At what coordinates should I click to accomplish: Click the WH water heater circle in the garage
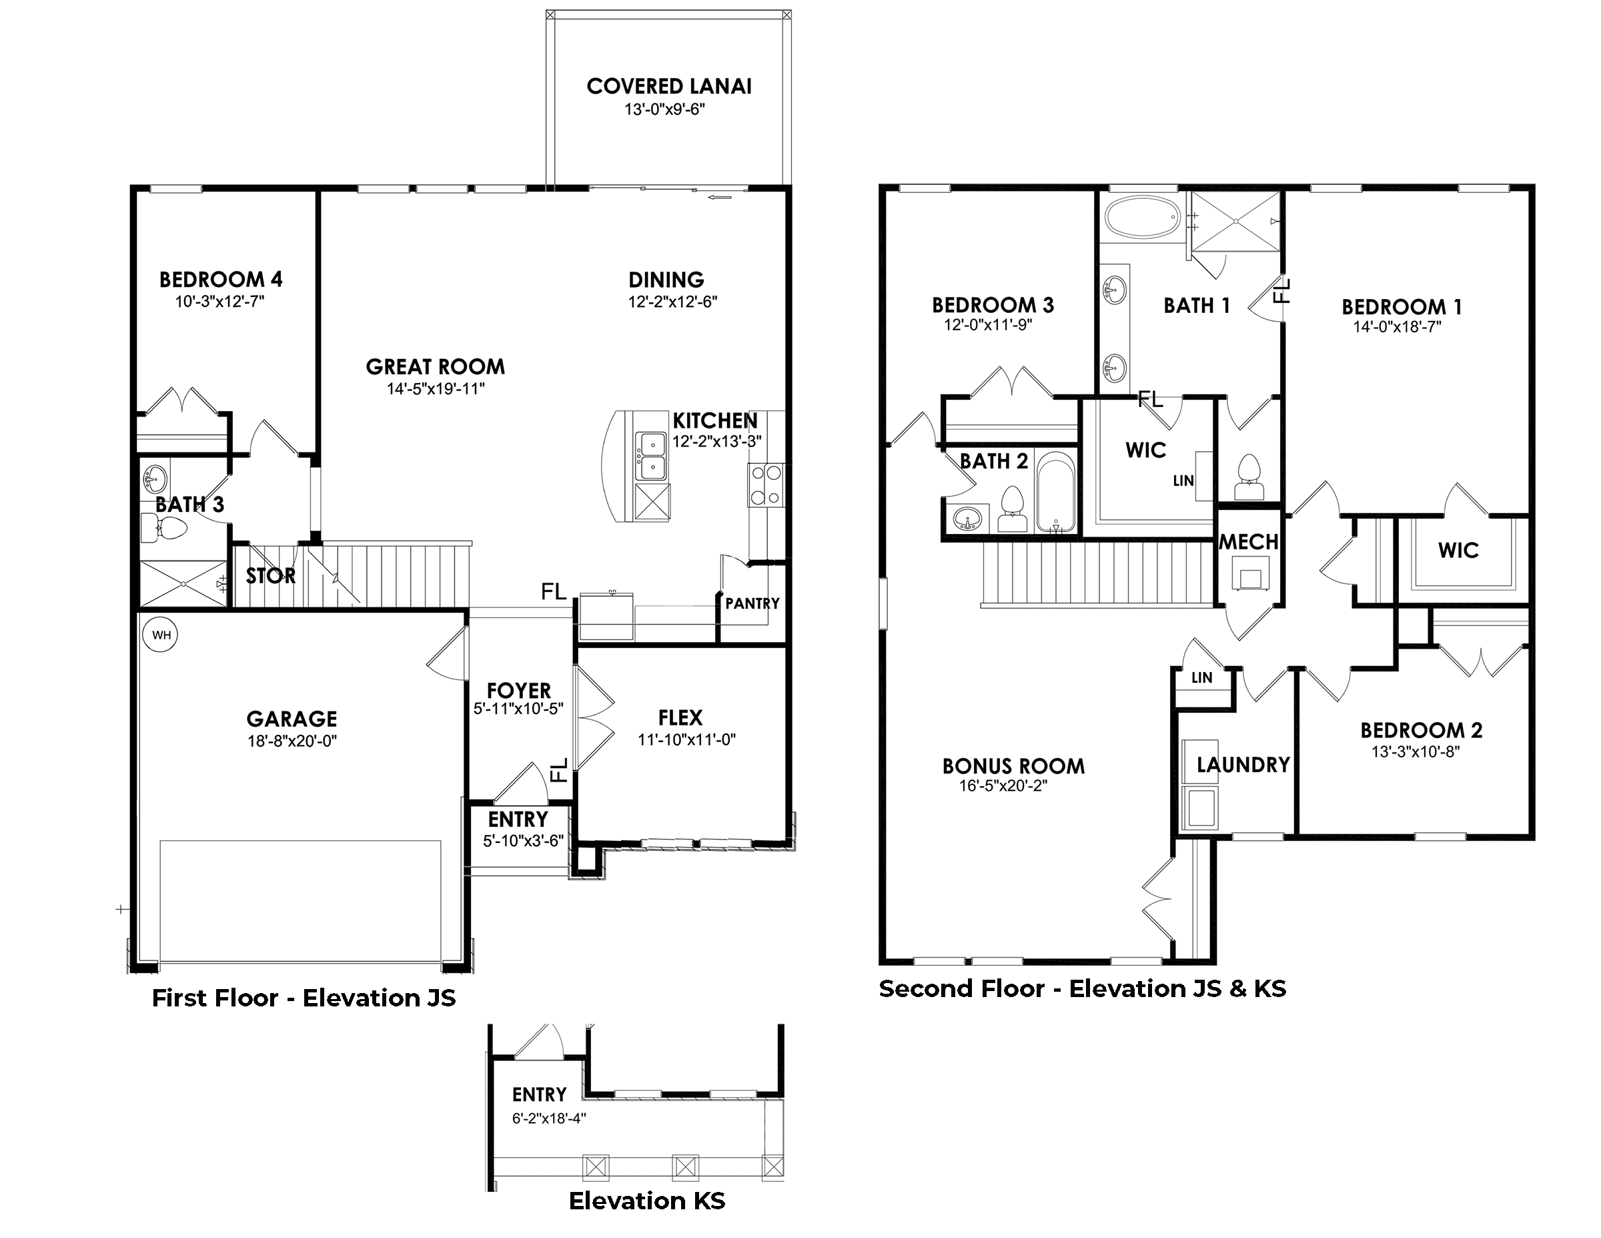[161, 635]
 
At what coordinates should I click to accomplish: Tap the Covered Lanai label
[668, 87]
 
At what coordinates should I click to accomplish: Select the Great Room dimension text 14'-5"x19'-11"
[436, 388]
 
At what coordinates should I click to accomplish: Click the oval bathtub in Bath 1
[1141, 216]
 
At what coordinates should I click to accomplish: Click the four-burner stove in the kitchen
[766, 485]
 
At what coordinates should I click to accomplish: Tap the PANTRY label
[752, 603]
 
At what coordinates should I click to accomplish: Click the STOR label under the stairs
[270, 577]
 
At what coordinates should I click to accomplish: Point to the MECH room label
[1248, 542]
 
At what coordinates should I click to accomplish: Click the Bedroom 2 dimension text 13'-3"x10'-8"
[1416, 751]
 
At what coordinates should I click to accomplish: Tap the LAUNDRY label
[1243, 765]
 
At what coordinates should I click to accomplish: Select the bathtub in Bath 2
[1055, 492]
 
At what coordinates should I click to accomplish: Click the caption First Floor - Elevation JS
[304, 998]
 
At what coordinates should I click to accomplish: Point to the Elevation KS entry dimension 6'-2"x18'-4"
[549, 1119]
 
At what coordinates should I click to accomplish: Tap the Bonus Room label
[1013, 766]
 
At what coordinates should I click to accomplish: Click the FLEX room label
[680, 717]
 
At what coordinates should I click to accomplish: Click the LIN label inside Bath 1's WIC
[1183, 481]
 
